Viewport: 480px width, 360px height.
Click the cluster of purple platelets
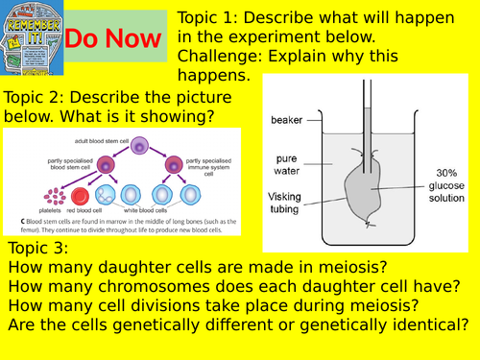[x=56, y=197]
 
